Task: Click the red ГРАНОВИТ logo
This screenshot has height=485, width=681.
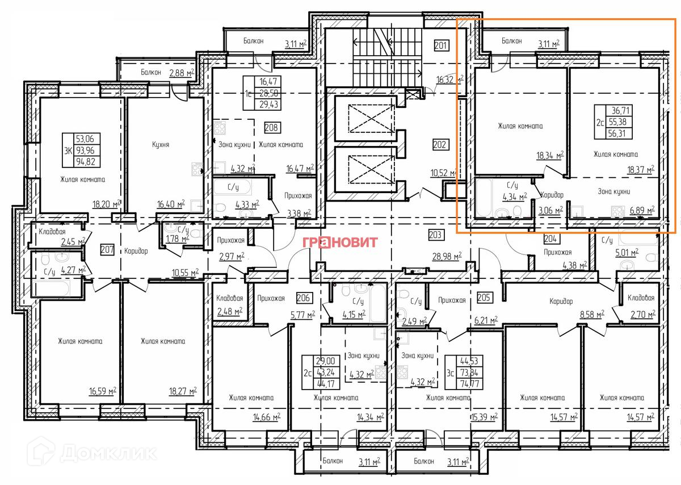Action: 340,242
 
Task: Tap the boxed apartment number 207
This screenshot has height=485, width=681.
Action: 107,250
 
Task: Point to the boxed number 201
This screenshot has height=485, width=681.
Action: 441,45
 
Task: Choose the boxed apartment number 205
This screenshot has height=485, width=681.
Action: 484,297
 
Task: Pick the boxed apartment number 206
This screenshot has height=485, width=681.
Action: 304,298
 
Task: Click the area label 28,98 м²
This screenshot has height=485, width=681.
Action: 447,256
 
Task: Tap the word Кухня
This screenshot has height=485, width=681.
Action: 161,144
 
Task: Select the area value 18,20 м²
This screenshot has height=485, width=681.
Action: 107,204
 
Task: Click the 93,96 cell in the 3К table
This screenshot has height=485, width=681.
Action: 85,150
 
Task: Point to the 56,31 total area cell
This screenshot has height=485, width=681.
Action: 617,133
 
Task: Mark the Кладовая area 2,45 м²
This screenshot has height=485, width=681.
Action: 73,242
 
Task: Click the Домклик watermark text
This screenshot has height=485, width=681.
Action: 108,453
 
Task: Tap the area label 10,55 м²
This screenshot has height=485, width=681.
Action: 185,273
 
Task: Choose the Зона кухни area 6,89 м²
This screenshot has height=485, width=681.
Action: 642,210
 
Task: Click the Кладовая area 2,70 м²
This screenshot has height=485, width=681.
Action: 642,314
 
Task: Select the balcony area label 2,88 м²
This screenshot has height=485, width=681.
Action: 182,73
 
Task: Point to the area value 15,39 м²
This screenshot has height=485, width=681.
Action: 484,416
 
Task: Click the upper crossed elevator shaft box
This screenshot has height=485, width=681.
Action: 371,119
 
